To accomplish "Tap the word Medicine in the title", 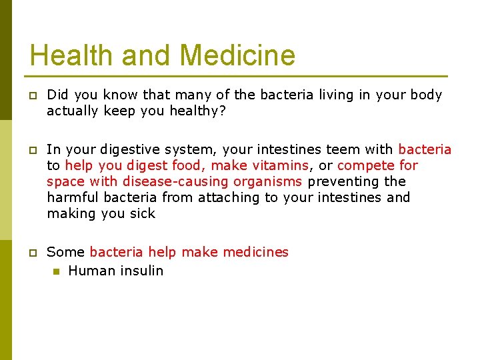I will tap(237, 55).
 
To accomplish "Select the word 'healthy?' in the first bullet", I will tap(199, 111).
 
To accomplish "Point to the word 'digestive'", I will tap(144, 149).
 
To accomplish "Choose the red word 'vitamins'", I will tap(281, 165).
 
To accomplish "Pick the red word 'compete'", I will tap(367, 165).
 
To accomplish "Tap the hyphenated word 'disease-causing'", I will tap(176, 181).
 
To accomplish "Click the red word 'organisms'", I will tap(268, 181).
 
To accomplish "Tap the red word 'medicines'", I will tap(256, 252).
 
